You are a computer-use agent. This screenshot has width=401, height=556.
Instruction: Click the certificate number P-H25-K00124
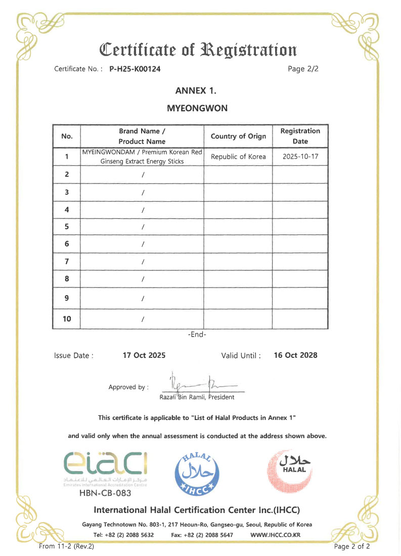click(135, 69)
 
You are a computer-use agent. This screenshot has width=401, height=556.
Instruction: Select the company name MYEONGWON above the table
click(197, 108)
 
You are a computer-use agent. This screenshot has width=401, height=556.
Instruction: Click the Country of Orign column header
click(238, 136)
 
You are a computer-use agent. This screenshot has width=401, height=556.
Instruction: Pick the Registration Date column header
click(300, 136)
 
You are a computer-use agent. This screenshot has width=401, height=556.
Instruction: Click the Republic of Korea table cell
click(238, 157)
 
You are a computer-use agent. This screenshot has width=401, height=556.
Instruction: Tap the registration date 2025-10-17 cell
click(300, 157)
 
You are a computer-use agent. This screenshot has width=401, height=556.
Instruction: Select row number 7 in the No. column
click(67, 261)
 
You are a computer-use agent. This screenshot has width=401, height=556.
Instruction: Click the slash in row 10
click(143, 319)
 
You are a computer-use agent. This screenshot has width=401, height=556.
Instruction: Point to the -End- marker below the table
click(197, 334)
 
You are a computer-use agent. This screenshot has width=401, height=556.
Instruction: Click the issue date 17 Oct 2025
click(144, 355)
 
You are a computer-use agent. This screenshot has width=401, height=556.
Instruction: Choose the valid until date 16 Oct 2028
click(295, 355)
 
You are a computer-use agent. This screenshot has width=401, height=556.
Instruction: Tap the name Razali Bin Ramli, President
click(197, 397)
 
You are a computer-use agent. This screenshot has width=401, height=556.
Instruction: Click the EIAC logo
click(107, 466)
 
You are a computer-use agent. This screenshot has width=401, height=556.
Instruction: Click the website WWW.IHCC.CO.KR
click(276, 534)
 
